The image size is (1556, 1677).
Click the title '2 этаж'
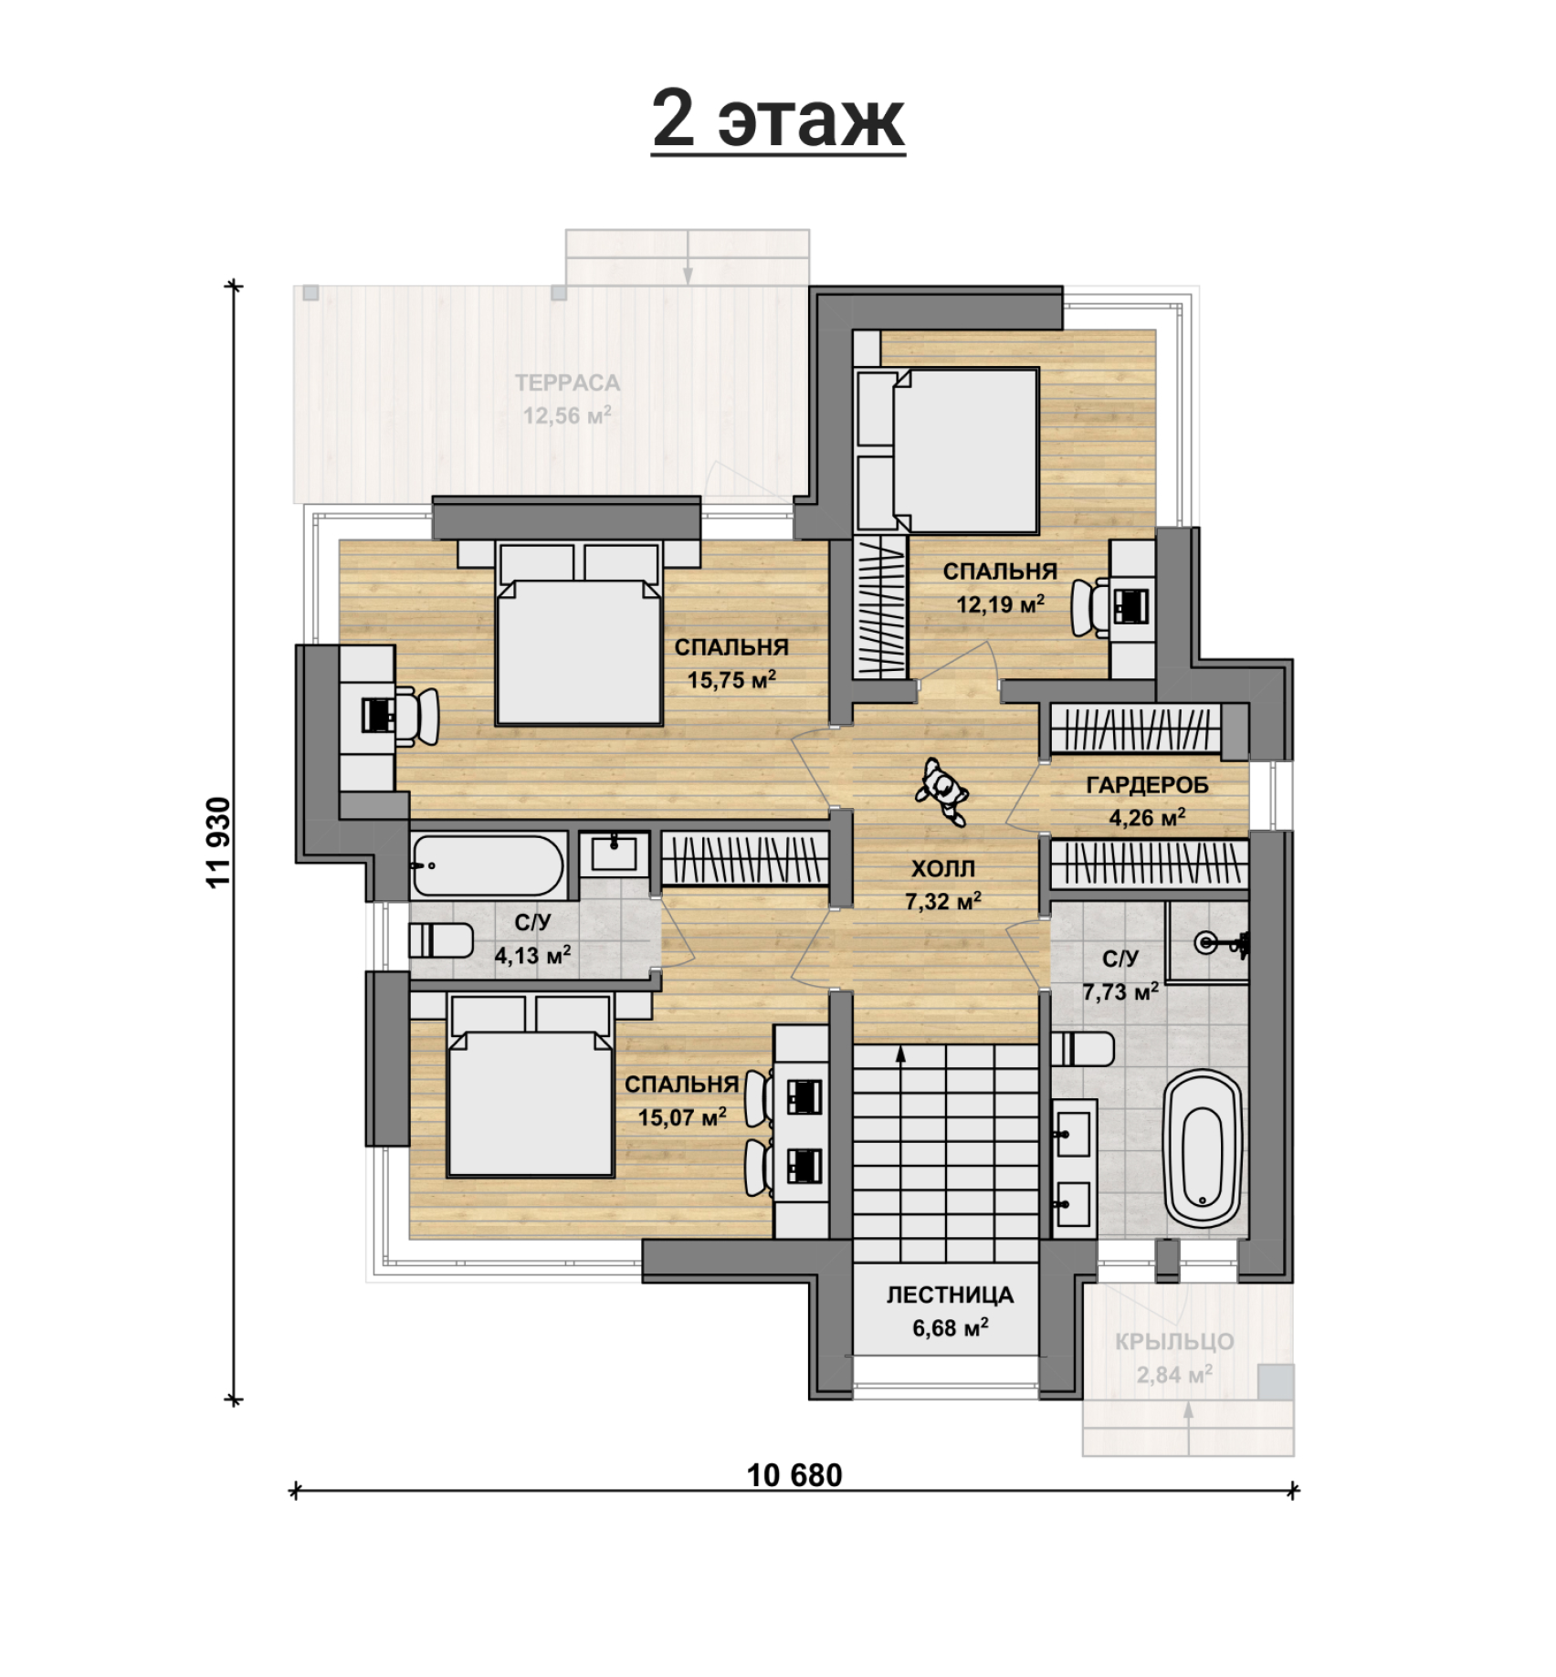point(778,120)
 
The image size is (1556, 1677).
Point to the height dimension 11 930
point(219,843)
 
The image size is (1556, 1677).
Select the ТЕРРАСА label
point(567,383)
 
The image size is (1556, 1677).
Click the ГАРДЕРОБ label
point(1147,785)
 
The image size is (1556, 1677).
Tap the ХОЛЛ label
point(943,868)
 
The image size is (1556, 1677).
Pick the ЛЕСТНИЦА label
point(950,1294)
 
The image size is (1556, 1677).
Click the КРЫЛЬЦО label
point(1174,1341)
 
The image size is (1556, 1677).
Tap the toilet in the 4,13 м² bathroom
point(440,940)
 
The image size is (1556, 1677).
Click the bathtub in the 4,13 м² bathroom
point(487,865)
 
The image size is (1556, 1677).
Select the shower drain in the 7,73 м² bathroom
point(1208,941)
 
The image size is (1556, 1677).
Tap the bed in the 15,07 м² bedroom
point(530,1086)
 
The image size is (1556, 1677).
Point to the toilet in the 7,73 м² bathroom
point(1083,1049)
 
